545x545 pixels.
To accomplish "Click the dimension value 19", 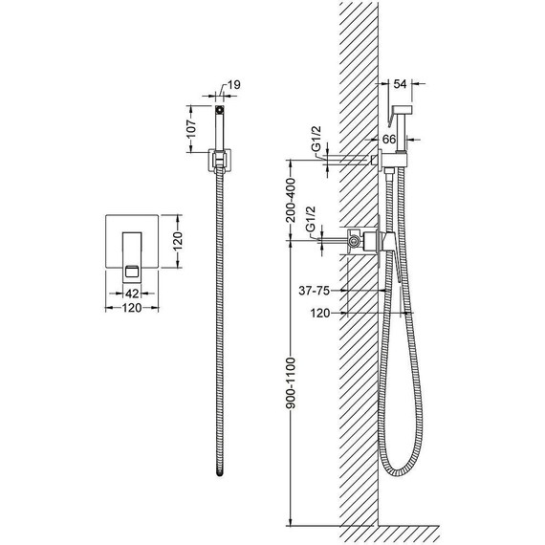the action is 234,85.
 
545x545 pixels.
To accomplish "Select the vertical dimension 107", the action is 191,128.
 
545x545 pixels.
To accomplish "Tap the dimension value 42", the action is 132,294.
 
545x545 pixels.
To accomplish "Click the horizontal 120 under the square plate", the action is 132,308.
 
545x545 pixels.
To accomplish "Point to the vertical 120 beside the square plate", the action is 177,241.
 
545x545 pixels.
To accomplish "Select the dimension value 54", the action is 400,84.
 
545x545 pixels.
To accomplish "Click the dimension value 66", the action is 389,140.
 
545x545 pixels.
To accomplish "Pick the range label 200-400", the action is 291,200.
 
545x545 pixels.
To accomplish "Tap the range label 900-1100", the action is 291,382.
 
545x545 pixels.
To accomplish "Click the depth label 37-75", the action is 315,291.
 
